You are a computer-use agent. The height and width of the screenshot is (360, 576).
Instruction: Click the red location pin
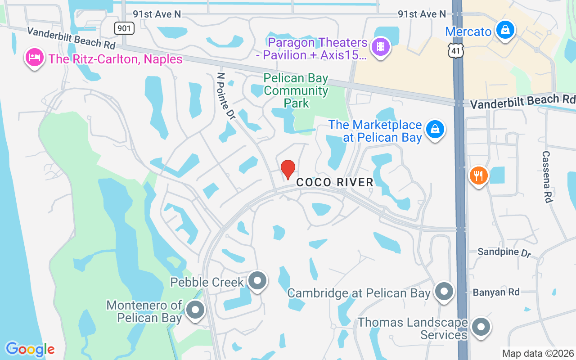coord(288,169)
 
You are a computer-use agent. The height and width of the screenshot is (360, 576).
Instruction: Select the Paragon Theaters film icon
coord(381,46)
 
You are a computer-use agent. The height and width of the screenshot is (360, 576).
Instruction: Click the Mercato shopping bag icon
coord(505,30)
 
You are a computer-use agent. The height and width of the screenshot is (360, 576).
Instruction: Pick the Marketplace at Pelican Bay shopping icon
coord(435,129)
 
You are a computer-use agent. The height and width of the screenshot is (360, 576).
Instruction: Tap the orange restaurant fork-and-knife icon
coord(478,175)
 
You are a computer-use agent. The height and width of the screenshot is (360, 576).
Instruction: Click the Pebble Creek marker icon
coord(257,281)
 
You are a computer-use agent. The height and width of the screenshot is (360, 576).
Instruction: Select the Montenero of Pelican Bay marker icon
coord(195,310)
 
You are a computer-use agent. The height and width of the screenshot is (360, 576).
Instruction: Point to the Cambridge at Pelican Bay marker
coord(444,292)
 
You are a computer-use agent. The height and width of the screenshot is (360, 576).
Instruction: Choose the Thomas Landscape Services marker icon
coord(481,327)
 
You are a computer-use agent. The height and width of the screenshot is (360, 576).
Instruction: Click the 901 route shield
coord(124,29)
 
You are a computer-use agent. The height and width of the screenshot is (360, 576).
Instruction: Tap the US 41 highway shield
coord(456,51)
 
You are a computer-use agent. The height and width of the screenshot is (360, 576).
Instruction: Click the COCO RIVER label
coord(335,182)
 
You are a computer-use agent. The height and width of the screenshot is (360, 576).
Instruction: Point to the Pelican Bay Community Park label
coord(296,90)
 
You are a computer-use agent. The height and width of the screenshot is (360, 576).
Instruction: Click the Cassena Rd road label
coord(547,176)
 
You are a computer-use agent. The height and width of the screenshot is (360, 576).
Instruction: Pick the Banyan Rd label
coord(496,292)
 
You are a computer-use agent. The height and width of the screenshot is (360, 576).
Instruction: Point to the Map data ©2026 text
coord(538,354)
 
